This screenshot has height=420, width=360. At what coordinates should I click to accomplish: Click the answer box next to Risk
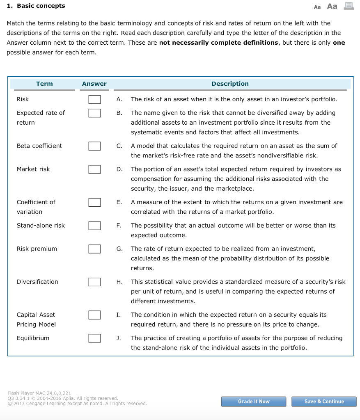(x=94, y=99)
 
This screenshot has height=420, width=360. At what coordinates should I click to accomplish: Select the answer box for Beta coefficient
(x=94, y=146)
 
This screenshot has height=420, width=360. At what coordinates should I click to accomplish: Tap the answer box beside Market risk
(x=94, y=169)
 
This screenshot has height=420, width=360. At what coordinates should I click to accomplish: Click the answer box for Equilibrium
(x=94, y=338)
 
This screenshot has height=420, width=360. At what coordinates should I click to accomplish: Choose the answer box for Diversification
(x=94, y=282)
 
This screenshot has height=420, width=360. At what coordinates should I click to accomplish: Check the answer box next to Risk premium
(x=94, y=249)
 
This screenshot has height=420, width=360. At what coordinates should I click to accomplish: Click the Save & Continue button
(x=324, y=402)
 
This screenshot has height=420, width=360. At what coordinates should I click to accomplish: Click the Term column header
(x=44, y=84)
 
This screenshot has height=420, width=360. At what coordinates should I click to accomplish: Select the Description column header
(x=230, y=84)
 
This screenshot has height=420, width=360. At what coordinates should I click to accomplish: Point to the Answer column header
(x=94, y=84)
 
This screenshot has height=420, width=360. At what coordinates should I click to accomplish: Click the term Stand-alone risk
(x=41, y=226)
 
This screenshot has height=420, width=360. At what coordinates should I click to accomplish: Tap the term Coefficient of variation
(x=36, y=207)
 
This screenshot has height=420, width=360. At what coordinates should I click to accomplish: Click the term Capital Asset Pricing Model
(x=36, y=320)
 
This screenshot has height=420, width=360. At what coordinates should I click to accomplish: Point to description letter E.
(x=119, y=202)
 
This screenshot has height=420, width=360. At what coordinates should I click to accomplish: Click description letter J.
(x=119, y=338)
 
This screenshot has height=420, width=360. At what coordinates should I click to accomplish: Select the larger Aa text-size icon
(x=332, y=6)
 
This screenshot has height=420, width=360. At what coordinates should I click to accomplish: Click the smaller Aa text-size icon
(x=317, y=7)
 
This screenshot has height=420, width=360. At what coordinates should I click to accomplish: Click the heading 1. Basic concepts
(x=36, y=6)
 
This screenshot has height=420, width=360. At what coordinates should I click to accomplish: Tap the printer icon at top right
(x=348, y=6)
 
